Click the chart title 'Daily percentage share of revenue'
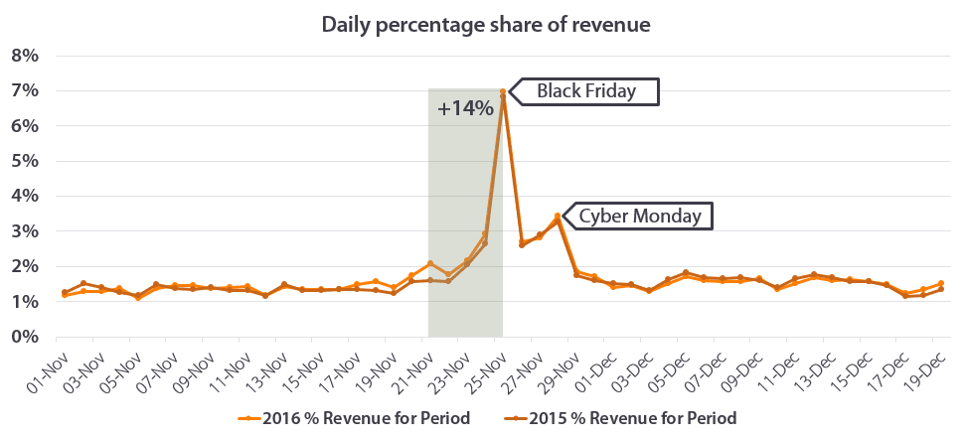click(x=485, y=24)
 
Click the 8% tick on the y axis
click(x=25, y=56)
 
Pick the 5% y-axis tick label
click(x=25, y=161)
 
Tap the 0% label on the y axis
click(x=25, y=337)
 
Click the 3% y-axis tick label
click(x=25, y=231)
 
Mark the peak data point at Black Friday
click(x=503, y=92)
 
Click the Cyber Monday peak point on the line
click(x=558, y=216)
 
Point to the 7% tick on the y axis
click(x=25, y=90)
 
